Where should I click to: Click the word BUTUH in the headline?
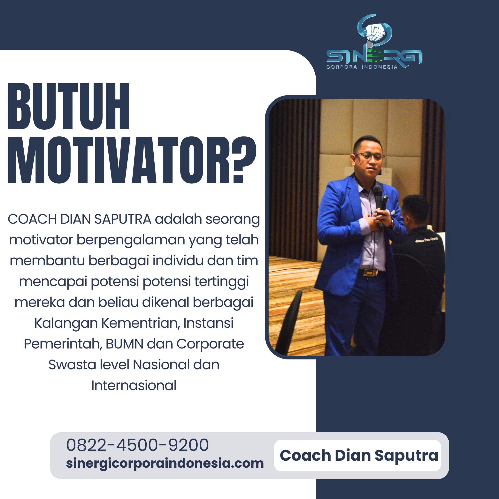coord(68,106)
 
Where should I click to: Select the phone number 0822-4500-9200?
coord(137,445)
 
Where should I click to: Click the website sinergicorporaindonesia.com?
coord(165,463)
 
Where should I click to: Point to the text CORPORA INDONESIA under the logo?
coord(362,67)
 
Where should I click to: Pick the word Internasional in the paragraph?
coord(134,385)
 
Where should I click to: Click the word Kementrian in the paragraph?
coord(141,323)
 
